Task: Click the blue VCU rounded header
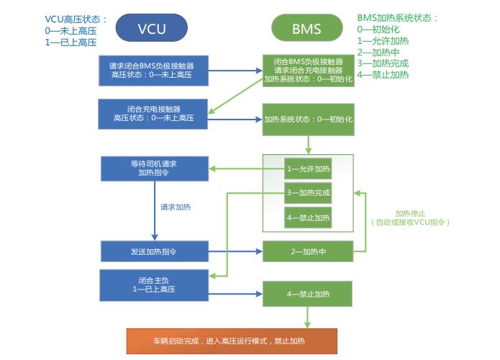[x=152, y=29]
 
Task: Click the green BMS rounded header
[x=307, y=29]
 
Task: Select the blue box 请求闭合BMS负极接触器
[x=153, y=70]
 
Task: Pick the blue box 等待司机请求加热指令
[x=153, y=168]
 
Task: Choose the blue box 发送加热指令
[x=153, y=251]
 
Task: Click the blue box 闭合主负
[x=153, y=284]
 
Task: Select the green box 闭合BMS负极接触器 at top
[x=308, y=70]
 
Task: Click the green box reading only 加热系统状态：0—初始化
[x=308, y=118]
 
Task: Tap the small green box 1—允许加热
[x=308, y=168]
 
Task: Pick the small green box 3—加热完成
[x=308, y=193]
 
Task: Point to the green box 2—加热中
[x=308, y=251]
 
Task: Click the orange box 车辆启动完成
[x=231, y=339]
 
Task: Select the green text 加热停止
[x=411, y=213]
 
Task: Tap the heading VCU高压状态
[x=76, y=19]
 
